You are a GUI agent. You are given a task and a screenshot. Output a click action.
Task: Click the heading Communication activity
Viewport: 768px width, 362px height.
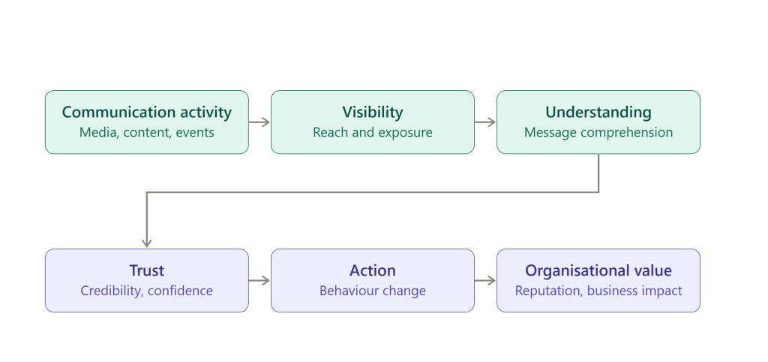pyautogui.click(x=147, y=113)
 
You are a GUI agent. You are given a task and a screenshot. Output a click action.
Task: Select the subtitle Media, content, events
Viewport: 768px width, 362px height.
pyautogui.click(x=147, y=132)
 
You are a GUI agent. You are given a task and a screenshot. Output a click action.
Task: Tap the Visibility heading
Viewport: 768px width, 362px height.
pyautogui.click(x=373, y=113)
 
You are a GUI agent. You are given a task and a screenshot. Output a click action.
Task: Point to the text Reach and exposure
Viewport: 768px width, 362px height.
pyautogui.click(x=373, y=132)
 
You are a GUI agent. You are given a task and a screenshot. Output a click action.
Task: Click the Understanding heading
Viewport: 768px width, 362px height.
pyautogui.click(x=598, y=113)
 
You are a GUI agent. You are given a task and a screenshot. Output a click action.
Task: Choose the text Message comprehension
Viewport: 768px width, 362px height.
pyautogui.click(x=598, y=132)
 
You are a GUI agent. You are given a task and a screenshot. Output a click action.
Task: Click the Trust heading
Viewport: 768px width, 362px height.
pyautogui.click(x=147, y=271)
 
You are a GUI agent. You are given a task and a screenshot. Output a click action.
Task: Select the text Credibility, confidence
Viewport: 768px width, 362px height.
pyautogui.click(x=147, y=291)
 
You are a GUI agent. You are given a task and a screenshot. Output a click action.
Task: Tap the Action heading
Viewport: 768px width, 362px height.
pyautogui.click(x=373, y=271)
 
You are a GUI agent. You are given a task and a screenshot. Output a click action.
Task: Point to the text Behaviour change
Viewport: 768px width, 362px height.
pyautogui.click(x=373, y=291)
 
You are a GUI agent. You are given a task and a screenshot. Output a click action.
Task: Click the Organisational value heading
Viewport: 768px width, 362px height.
pyautogui.click(x=598, y=271)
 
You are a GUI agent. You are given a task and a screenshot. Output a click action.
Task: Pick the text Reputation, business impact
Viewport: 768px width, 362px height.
pyautogui.click(x=598, y=291)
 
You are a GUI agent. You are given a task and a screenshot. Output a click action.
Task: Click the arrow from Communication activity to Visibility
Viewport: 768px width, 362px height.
pyautogui.click(x=259, y=122)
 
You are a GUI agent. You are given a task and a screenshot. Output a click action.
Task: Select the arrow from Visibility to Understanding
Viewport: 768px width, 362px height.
pyautogui.click(x=485, y=122)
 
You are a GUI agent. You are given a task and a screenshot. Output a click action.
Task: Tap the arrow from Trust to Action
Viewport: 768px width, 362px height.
pyautogui.click(x=259, y=281)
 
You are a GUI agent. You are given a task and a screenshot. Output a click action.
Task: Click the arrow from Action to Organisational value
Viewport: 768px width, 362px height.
pyautogui.click(x=485, y=281)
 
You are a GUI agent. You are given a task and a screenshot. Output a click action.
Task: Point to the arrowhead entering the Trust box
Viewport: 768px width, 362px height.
pyautogui.click(x=147, y=244)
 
